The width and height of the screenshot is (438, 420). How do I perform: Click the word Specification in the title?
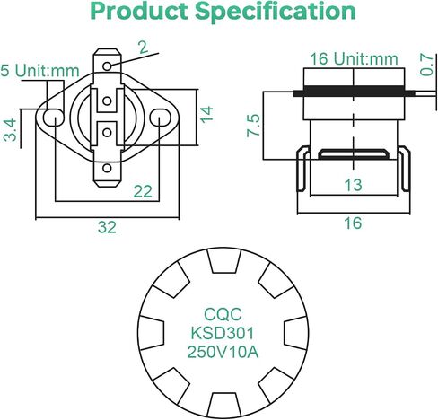click(x=276, y=12)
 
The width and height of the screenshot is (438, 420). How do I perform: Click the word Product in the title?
click(x=139, y=12)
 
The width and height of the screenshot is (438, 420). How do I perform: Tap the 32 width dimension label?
click(x=107, y=227)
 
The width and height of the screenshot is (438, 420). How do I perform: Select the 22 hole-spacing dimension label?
click(x=143, y=191)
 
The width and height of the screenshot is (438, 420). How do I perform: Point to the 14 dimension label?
click(x=206, y=114)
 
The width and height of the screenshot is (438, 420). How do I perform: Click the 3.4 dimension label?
click(x=10, y=130)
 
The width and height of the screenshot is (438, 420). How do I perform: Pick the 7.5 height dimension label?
click(x=253, y=126)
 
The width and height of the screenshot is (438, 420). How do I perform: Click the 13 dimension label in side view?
click(x=354, y=185)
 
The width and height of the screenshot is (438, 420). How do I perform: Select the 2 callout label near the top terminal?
click(x=144, y=48)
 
